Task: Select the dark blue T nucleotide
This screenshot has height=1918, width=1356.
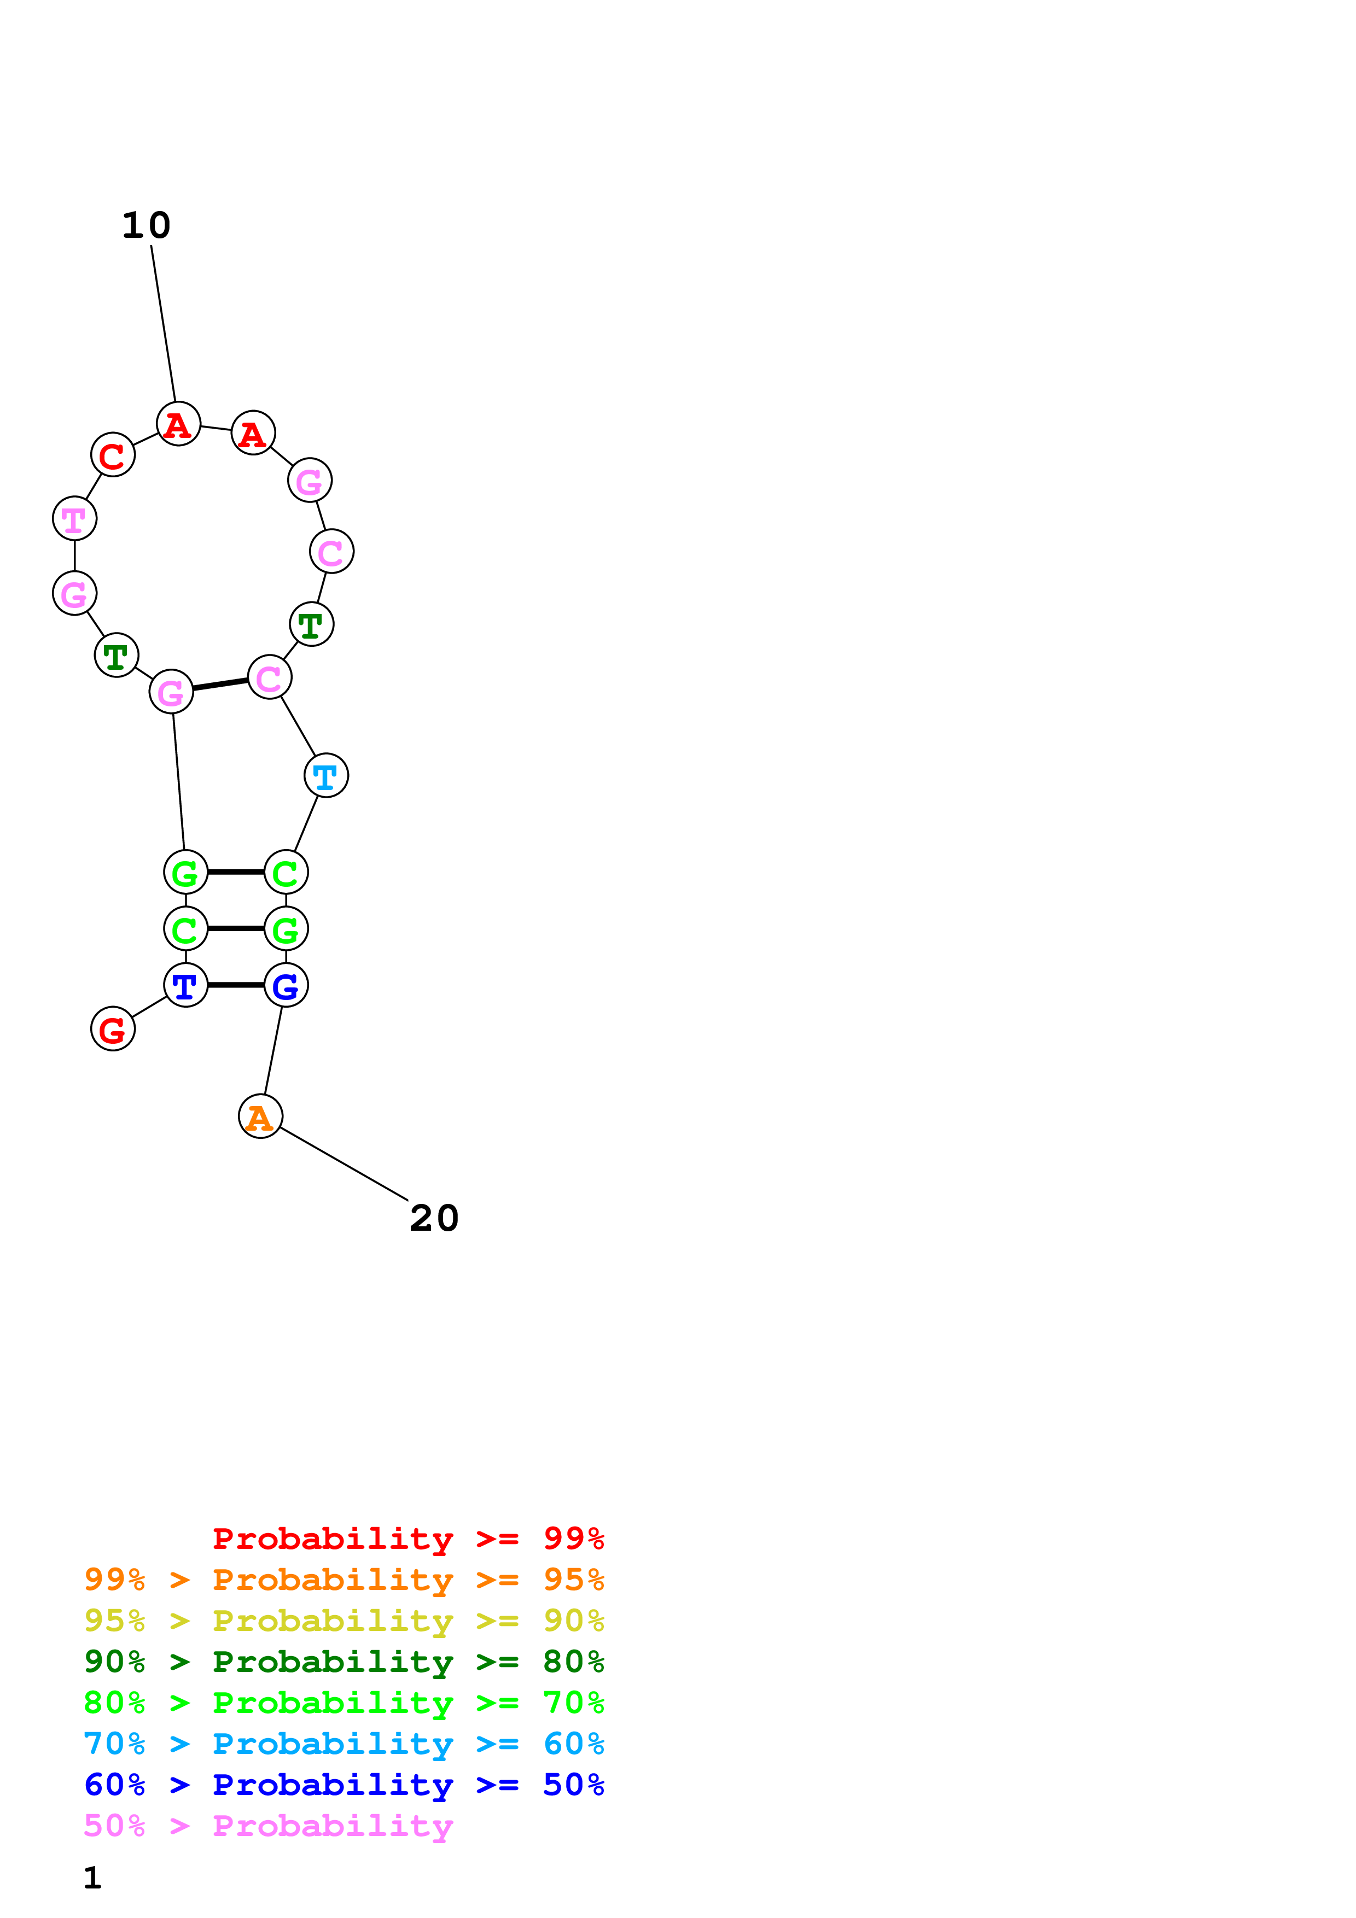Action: pos(185,985)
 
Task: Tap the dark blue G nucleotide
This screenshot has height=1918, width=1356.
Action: pos(286,985)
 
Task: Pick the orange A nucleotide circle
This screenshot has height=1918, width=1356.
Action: pos(261,1116)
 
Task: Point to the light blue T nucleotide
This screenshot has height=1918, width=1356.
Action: pos(326,775)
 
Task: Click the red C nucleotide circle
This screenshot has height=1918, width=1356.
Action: pos(113,454)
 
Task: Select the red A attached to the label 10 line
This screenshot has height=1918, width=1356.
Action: pos(179,424)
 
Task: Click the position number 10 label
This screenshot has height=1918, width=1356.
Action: pos(146,226)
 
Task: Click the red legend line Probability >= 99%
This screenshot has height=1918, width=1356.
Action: pos(409,1539)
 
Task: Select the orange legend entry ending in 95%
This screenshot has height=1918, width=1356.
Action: pos(344,1580)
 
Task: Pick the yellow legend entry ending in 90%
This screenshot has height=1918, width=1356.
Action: pos(344,1621)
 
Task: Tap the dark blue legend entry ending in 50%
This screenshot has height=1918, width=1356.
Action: pos(344,1785)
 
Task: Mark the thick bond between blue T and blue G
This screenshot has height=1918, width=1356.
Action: pos(236,985)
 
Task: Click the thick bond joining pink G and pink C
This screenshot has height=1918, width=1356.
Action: pos(220,684)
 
